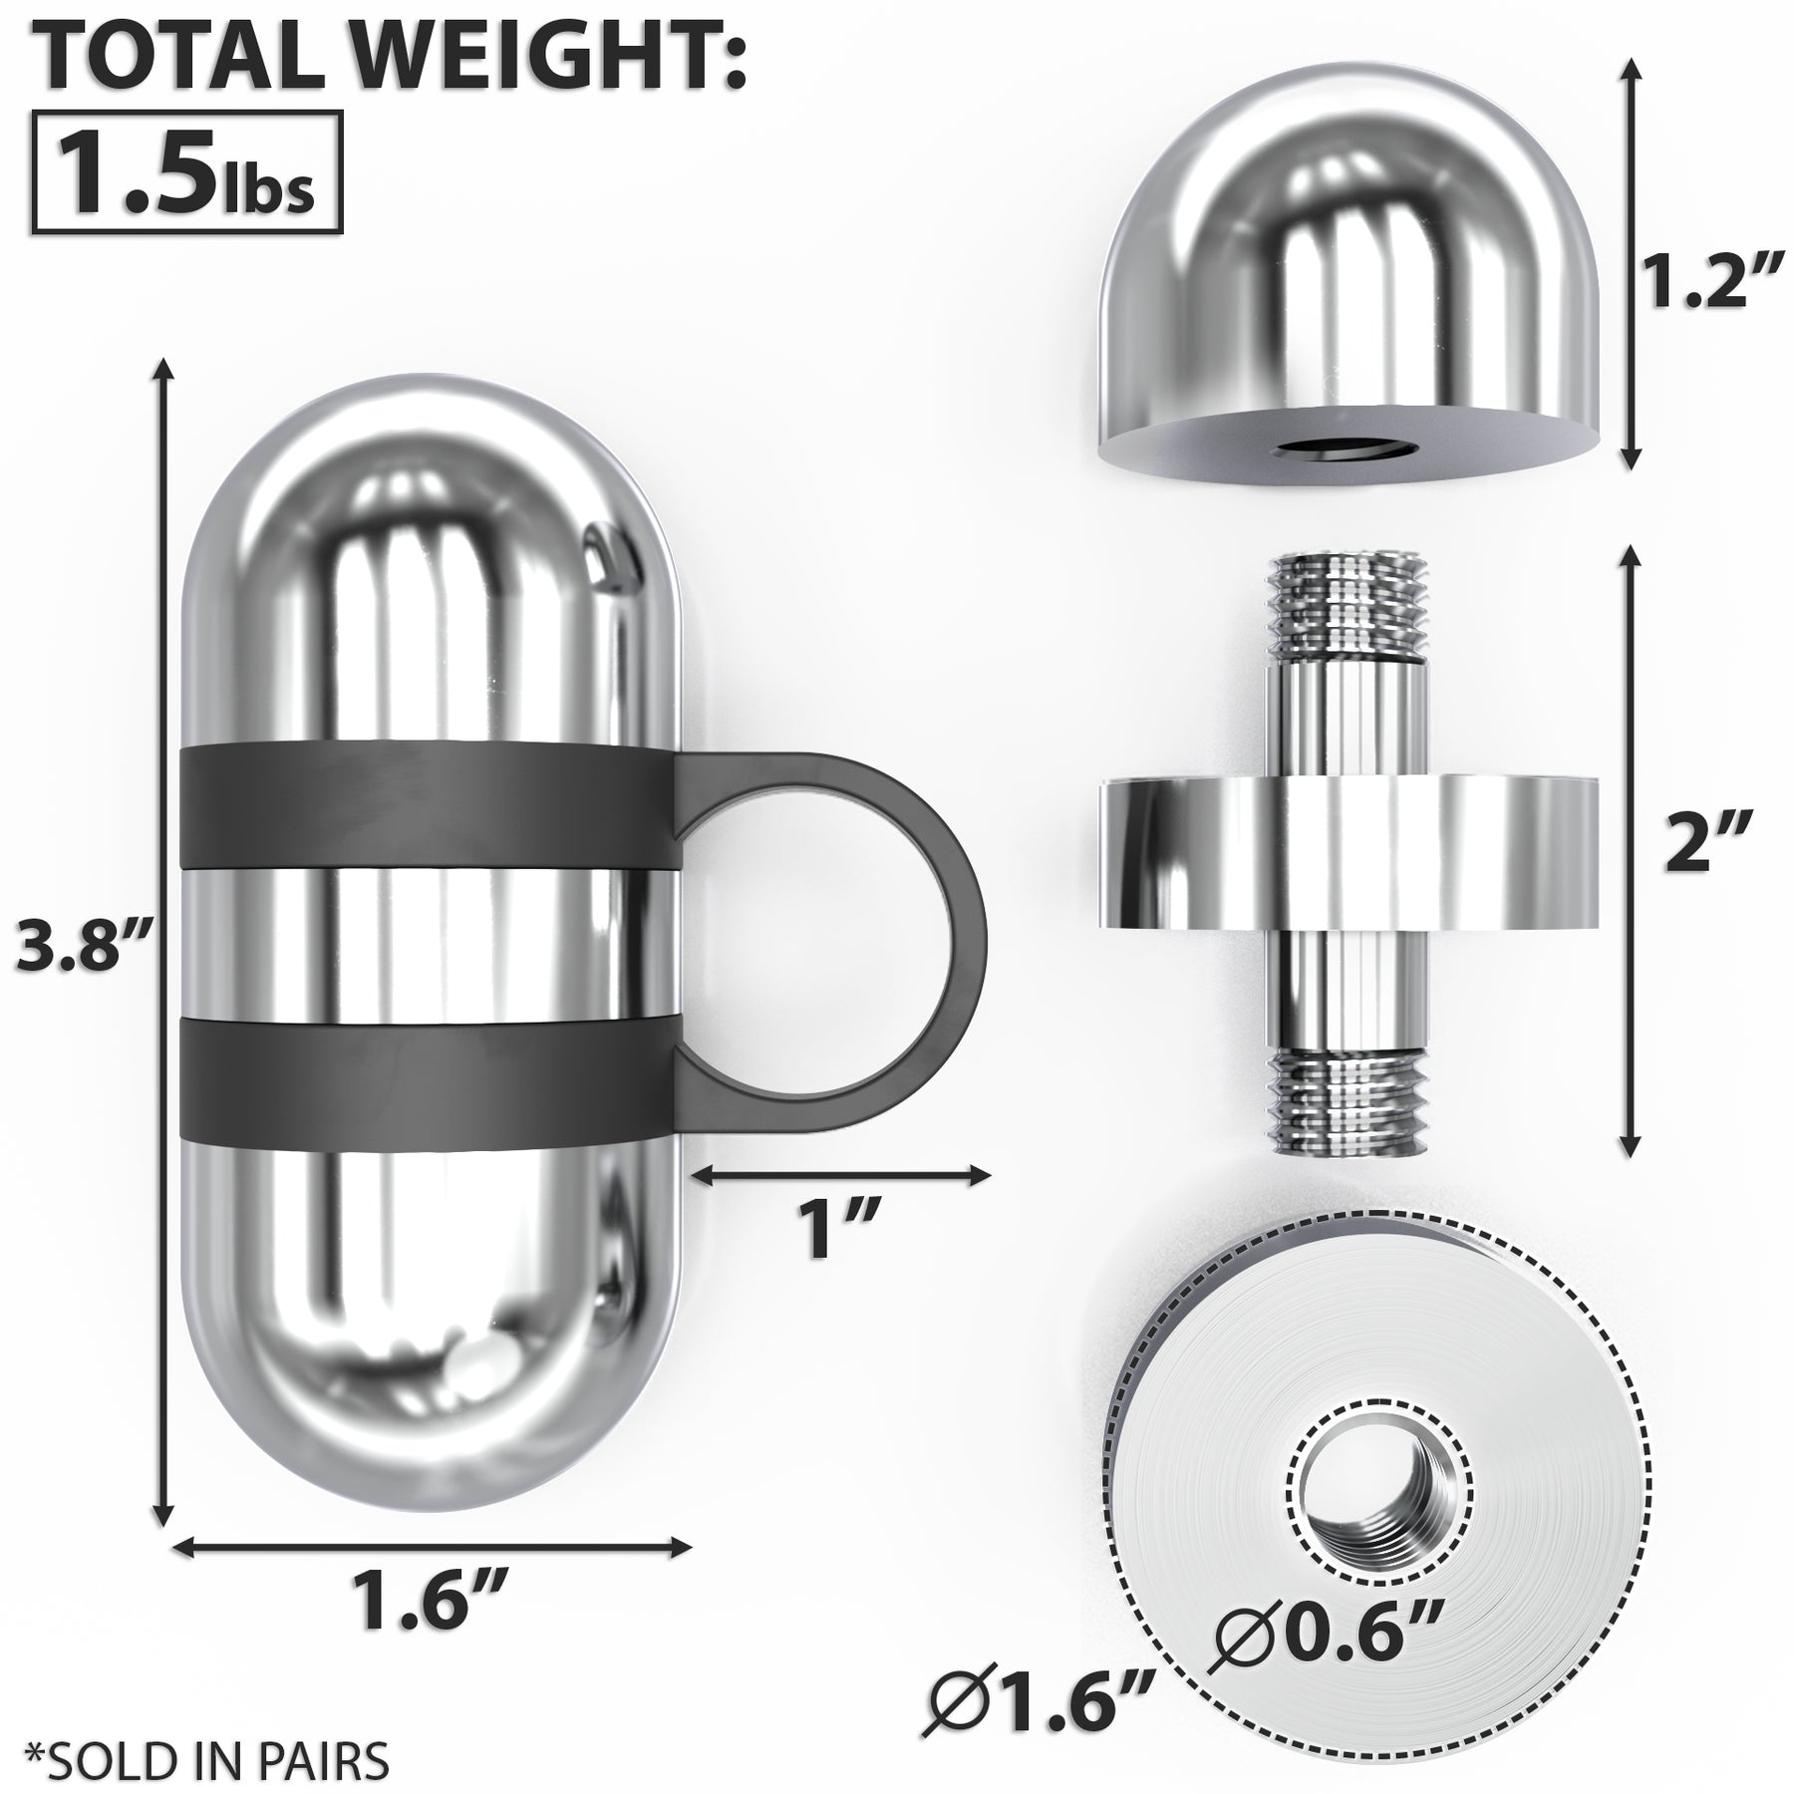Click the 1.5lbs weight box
pos(187,172)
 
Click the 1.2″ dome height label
pos(1706,283)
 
